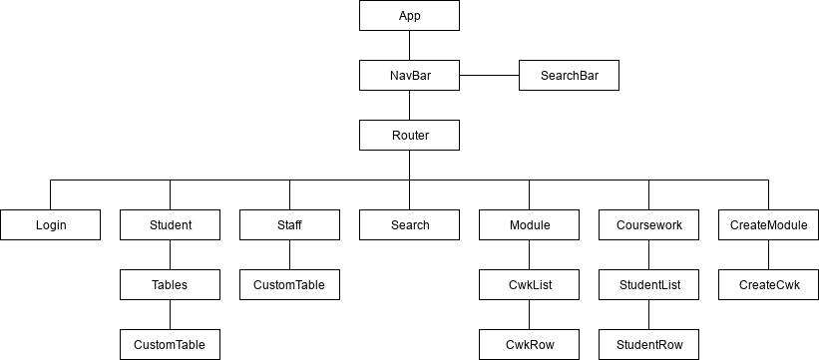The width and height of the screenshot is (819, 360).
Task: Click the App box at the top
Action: coord(409,16)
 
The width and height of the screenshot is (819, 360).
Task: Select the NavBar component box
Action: coord(409,76)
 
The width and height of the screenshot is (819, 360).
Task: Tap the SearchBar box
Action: coord(569,76)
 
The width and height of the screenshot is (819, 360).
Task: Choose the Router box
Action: coord(409,136)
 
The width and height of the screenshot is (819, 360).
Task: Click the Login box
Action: coord(50,225)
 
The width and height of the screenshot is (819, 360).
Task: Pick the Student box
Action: coord(170,225)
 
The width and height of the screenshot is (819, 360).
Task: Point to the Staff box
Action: coord(289,225)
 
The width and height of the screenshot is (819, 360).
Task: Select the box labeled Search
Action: coord(409,225)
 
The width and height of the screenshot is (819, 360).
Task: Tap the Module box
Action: coord(529,225)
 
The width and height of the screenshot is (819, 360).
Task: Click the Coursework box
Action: coord(648,225)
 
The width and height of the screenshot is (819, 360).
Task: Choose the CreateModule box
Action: coord(768,225)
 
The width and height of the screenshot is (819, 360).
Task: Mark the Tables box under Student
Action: coord(170,285)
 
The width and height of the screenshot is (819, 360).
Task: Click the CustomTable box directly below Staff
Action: coord(289,285)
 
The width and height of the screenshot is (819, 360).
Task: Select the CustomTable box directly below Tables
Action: coord(170,345)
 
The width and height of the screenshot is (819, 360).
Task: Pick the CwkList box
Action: coord(529,285)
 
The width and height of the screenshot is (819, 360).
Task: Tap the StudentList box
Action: coord(648,285)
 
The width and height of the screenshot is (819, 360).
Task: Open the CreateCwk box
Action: coord(768,285)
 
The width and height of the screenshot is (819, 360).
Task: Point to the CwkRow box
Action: coord(529,345)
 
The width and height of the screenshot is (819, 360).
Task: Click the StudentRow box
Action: coord(648,345)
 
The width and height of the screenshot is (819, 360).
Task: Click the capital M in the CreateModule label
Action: coord(772,225)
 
